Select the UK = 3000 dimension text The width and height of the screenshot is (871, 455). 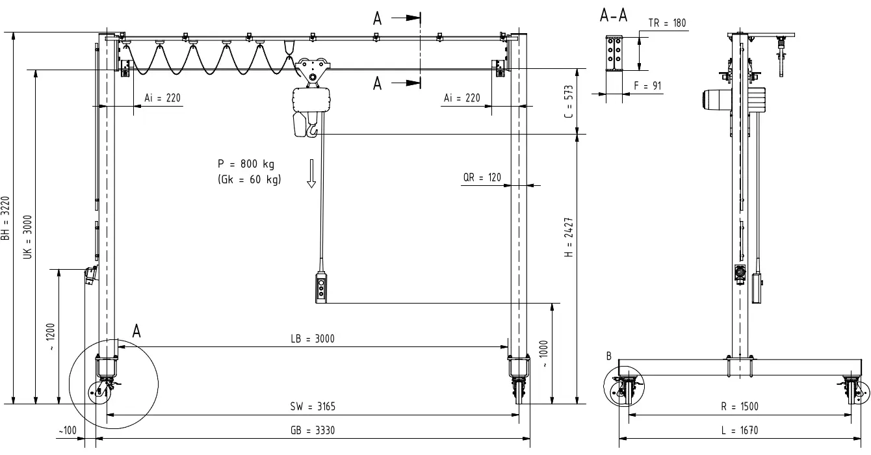[x=27, y=237]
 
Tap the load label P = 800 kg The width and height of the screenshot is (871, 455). [x=246, y=164]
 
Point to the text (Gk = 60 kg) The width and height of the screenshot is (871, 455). [x=250, y=179]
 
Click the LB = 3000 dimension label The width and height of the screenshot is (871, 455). [x=313, y=339]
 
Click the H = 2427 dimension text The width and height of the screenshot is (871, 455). [x=569, y=237]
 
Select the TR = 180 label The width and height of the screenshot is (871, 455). [x=667, y=23]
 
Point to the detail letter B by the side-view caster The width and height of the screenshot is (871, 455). [x=608, y=356]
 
